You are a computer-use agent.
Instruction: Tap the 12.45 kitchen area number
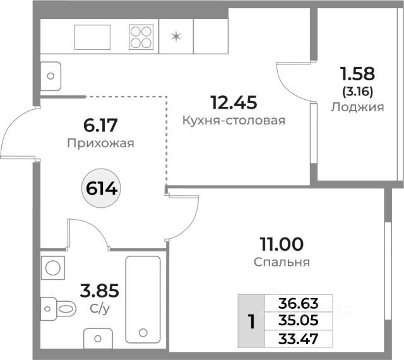click(234, 101)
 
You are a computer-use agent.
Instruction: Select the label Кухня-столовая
click(234, 120)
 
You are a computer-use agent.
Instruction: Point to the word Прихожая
click(101, 143)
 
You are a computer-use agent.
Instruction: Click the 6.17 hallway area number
click(101, 124)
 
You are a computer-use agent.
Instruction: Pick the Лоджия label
click(357, 107)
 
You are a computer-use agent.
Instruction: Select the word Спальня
click(281, 261)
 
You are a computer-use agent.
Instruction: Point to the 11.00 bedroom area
click(281, 243)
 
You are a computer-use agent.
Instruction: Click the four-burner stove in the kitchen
click(142, 37)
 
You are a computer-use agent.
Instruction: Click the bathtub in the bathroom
click(145, 298)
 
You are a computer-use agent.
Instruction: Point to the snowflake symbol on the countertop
click(176, 35)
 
